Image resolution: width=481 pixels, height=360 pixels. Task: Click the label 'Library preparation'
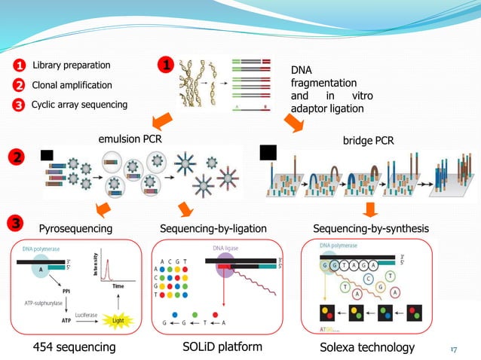71,66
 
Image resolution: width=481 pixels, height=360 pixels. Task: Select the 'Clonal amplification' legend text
71,85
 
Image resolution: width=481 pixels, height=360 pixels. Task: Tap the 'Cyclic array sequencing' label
79,105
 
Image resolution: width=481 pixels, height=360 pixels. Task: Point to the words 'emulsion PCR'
130,139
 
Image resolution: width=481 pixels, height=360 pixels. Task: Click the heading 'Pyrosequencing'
75,228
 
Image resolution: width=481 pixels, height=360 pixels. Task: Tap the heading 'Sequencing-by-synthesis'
369,228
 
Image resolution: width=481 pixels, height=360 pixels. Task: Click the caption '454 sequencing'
74,347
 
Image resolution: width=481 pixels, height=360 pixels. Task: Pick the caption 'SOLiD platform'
222,346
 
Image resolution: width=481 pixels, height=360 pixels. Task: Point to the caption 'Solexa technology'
368,347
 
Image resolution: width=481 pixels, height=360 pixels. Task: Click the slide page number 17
454,349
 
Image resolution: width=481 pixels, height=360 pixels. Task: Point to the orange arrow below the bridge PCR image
369,207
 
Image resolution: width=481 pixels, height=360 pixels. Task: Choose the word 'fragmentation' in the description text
323,83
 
